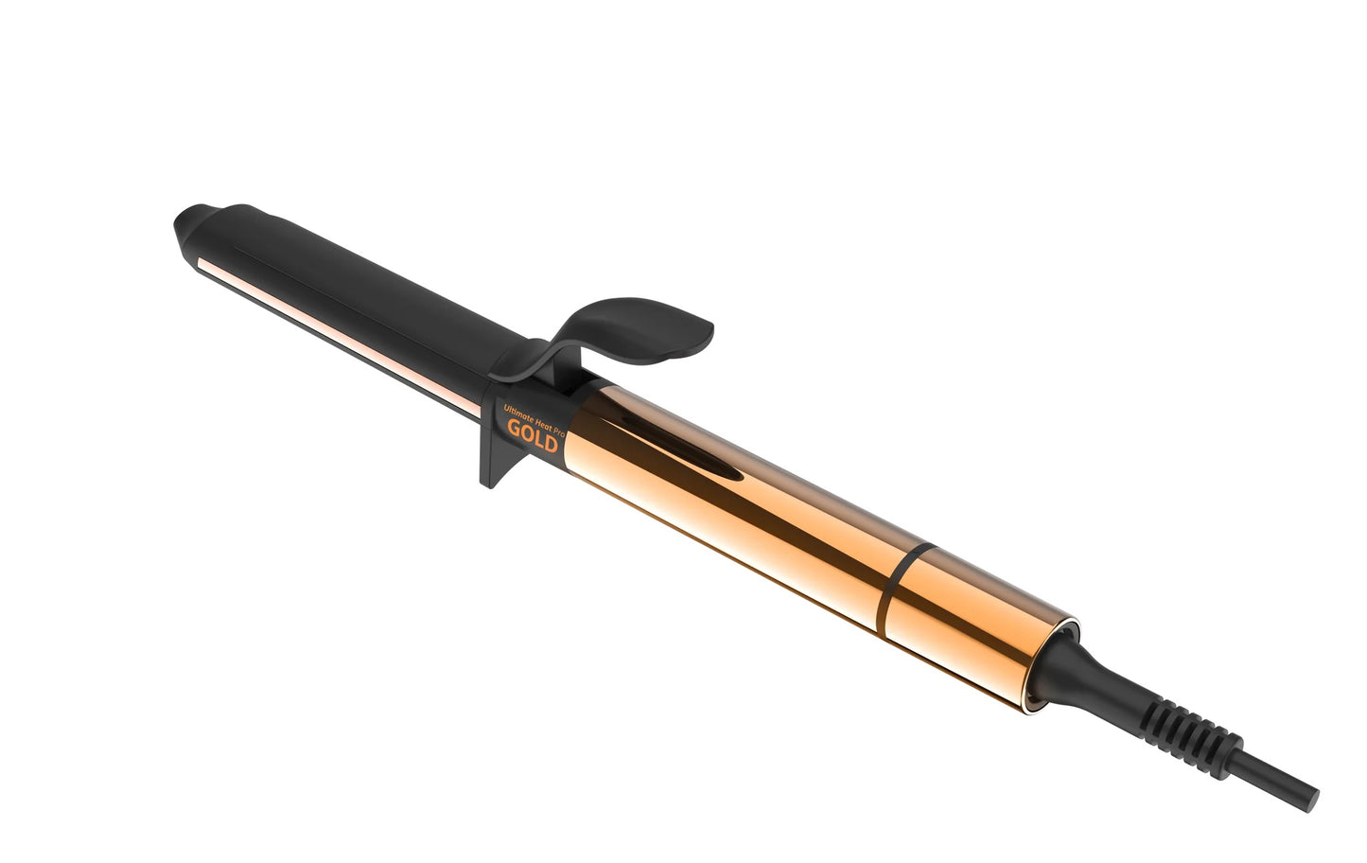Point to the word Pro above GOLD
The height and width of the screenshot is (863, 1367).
coord(559,418)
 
